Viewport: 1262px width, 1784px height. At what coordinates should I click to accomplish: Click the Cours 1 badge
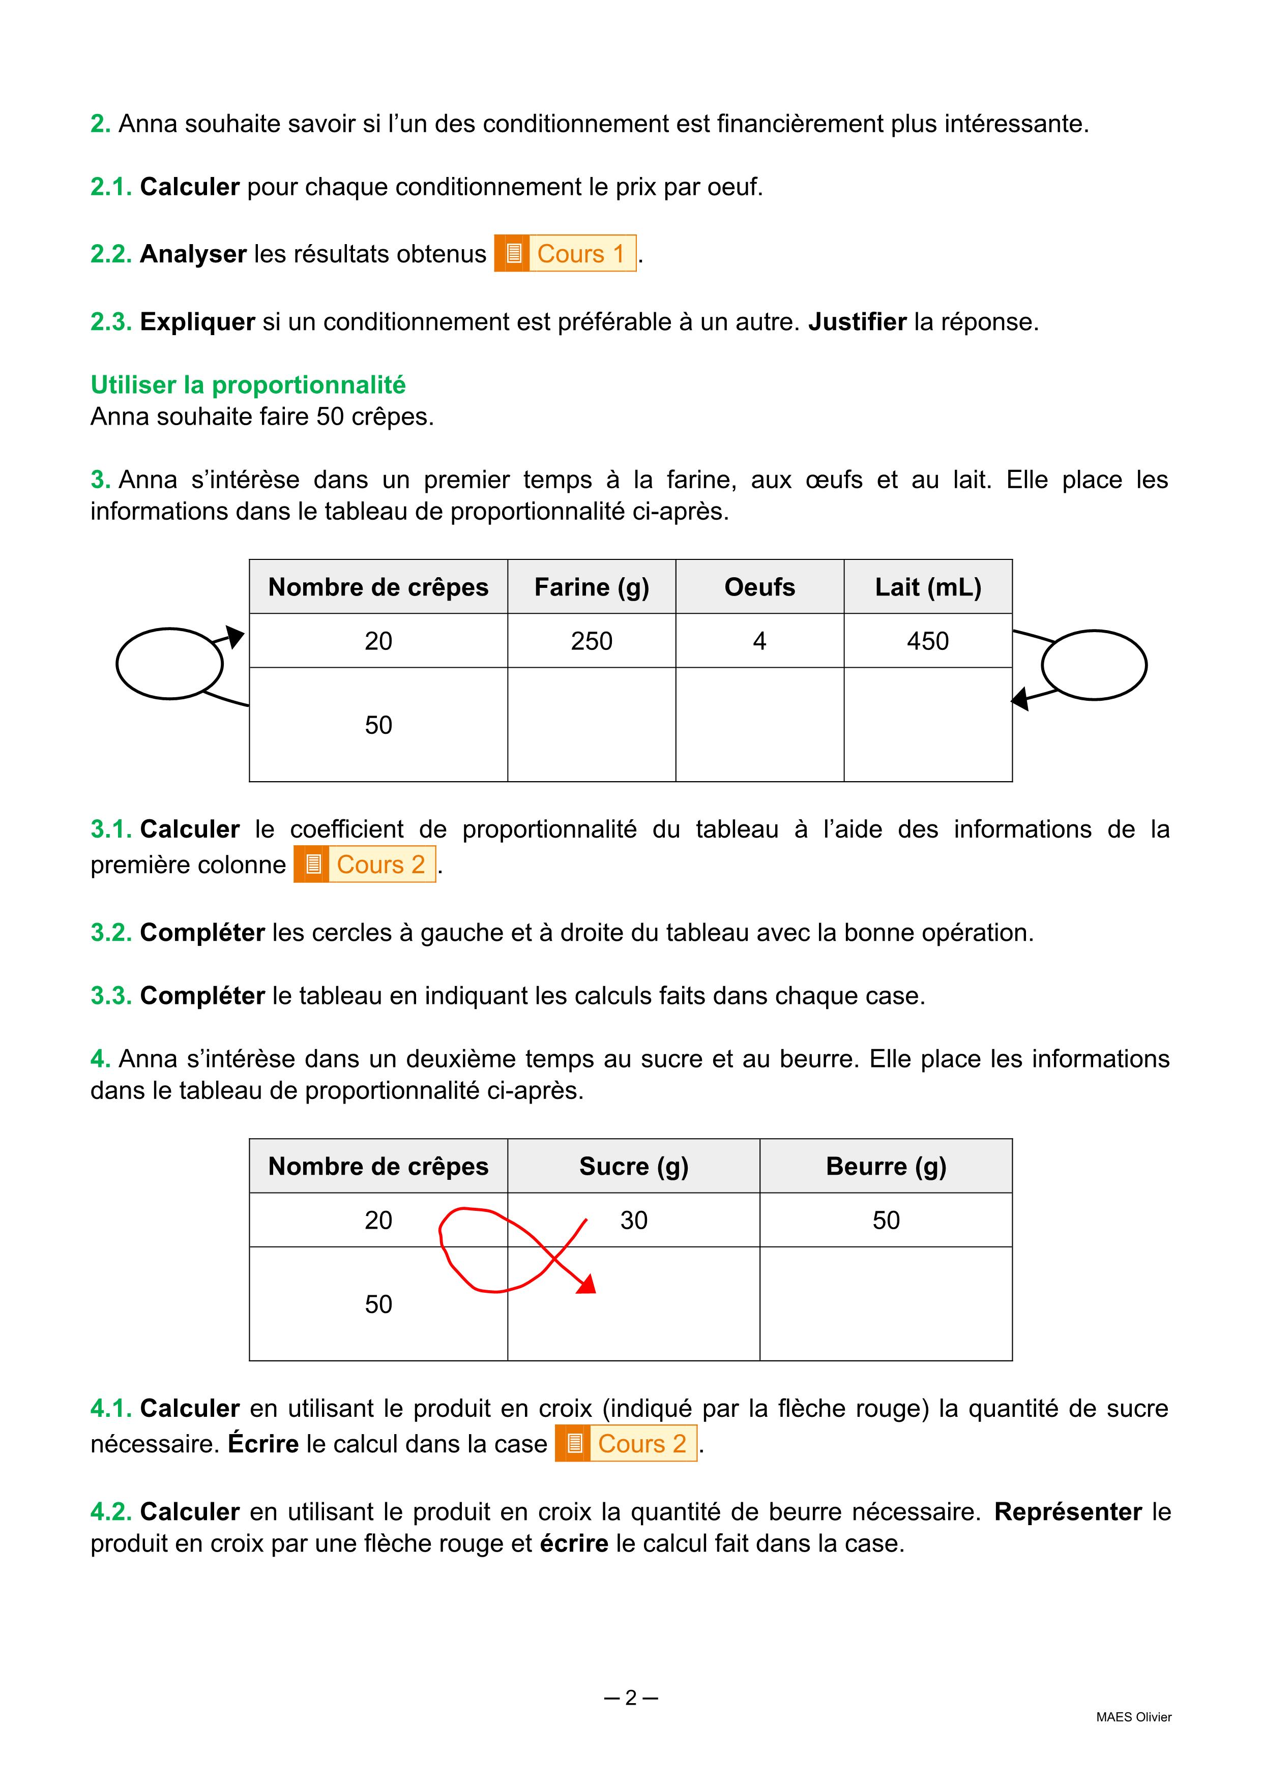(565, 253)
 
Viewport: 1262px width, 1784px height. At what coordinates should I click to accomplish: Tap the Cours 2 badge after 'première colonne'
(364, 864)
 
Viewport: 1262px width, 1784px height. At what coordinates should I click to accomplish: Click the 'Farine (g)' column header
(592, 587)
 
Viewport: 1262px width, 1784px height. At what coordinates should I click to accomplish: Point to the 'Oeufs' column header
(759, 587)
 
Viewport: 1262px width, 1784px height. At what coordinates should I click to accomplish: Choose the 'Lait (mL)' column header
(928, 587)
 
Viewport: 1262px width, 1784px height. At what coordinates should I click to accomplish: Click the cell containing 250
(592, 641)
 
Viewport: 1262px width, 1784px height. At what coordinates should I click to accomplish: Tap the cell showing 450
(928, 641)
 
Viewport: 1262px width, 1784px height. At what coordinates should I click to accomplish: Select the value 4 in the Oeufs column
(759, 641)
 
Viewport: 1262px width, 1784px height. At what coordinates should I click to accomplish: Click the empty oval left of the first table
(169, 664)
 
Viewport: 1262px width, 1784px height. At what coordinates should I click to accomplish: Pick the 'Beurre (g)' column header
(886, 1166)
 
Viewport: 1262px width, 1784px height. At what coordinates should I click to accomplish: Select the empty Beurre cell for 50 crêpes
(886, 1304)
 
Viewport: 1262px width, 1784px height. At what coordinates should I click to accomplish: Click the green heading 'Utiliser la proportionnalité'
(248, 384)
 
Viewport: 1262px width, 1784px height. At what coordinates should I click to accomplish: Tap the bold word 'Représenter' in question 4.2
(1068, 1511)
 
